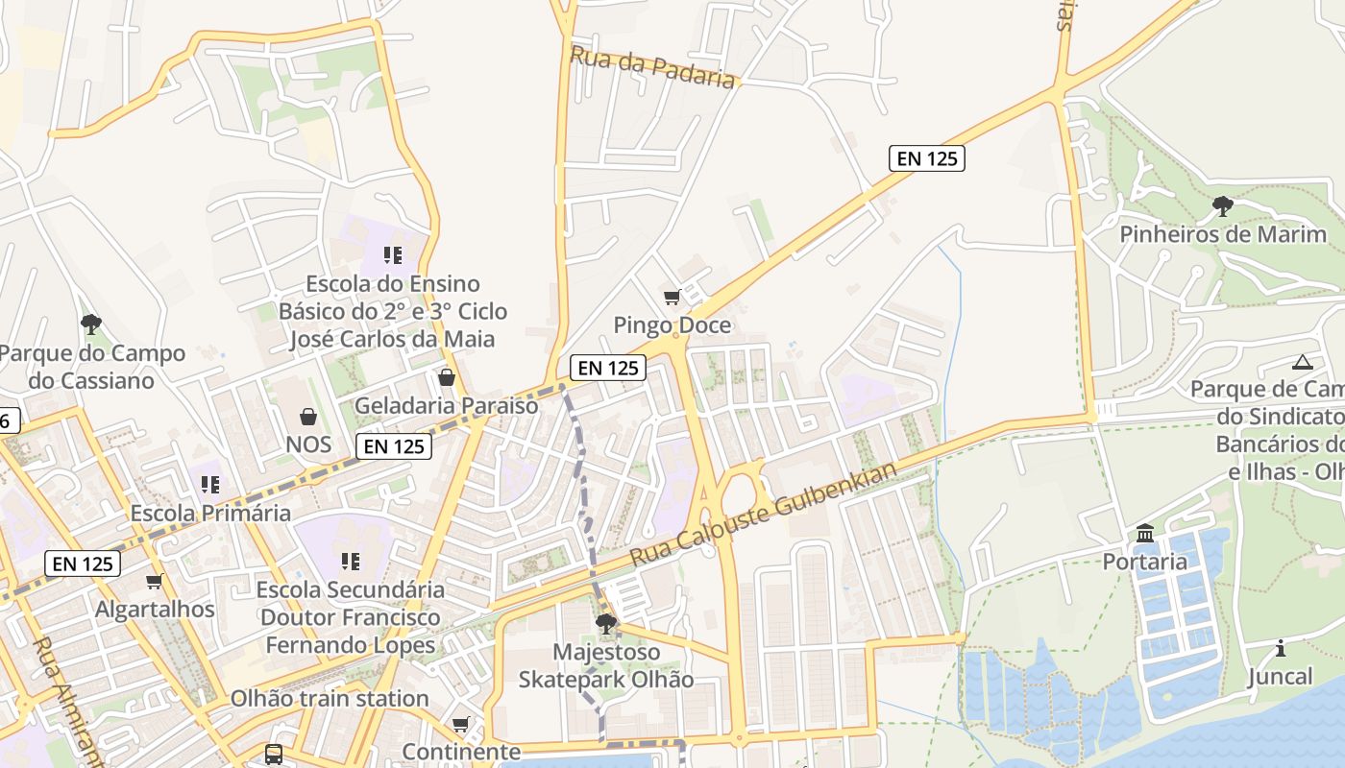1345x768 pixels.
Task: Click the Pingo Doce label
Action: click(x=672, y=325)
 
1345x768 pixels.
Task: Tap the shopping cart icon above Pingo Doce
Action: click(x=672, y=297)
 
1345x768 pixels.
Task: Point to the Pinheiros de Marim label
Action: click(x=1222, y=234)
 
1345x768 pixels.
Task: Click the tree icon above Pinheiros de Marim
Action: click(x=1222, y=205)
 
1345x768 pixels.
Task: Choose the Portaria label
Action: click(x=1144, y=562)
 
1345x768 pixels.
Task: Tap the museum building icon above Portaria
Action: click(x=1144, y=533)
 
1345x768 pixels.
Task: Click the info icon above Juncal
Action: click(x=1280, y=648)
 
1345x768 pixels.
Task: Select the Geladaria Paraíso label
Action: click(x=447, y=405)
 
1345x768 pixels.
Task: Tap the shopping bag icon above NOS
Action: click(x=308, y=416)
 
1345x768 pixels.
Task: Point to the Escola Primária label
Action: click(x=210, y=513)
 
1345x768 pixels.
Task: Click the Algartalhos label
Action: click(x=155, y=610)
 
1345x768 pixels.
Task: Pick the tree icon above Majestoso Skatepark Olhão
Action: click(x=605, y=624)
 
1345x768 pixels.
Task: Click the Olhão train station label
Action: click(x=330, y=698)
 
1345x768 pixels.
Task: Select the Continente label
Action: click(x=461, y=751)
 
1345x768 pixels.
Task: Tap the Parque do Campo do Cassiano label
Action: click(x=91, y=367)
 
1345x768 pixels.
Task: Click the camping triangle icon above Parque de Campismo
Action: click(x=1302, y=362)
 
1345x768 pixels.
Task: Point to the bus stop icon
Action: click(x=274, y=754)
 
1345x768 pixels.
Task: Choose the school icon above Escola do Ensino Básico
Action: click(x=392, y=254)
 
